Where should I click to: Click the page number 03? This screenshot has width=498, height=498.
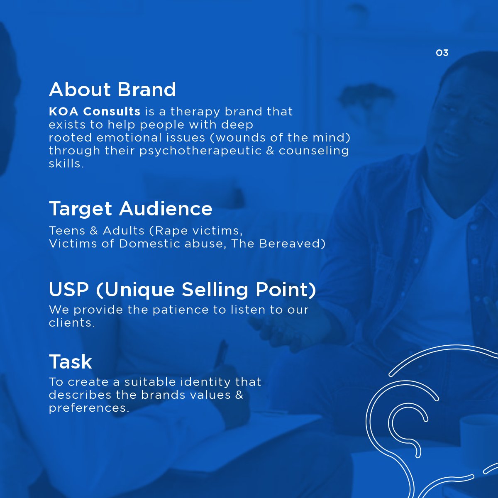pos(442,53)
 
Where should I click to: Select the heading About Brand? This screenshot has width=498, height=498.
pos(112,89)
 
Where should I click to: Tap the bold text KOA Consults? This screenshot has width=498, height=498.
pos(95,111)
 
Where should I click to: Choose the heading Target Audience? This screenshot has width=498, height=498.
pos(130,209)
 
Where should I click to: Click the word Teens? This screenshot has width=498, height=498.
pos(67,230)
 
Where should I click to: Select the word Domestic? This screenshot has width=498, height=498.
pos(149,244)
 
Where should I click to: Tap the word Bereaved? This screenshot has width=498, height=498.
pos(292,244)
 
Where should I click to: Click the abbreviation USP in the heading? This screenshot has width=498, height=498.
pos(69,289)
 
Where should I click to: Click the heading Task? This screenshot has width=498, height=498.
pos(70,361)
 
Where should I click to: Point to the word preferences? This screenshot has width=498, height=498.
pos(89,408)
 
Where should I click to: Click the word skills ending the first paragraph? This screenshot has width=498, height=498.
pos(66,164)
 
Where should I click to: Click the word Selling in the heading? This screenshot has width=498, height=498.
pos(215,289)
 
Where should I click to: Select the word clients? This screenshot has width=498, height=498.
pos(72,323)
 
